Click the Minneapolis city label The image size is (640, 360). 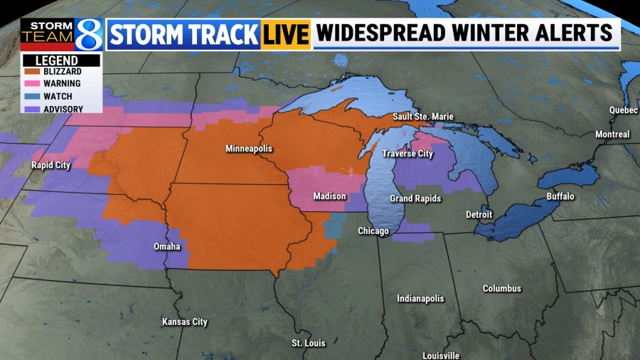pyautogui.click(x=249, y=149)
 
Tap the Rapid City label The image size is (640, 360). pyautogui.click(x=51, y=165)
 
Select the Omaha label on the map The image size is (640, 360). pyautogui.click(x=167, y=247)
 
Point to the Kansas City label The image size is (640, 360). pyautogui.click(x=185, y=322)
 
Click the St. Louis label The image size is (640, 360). pyautogui.click(x=309, y=344)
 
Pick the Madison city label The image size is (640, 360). pyautogui.click(x=330, y=196)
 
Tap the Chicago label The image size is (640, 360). pyautogui.click(x=373, y=231)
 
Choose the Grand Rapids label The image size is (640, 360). pyautogui.click(x=415, y=198)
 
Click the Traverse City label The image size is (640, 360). pyautogui.click(x=407, y=154)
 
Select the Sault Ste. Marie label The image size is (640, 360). pyautogui.click(x=423, y=117)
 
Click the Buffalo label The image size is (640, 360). pyautogui.click(x=560, y=196)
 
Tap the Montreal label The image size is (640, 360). pyautogui.click(x=612, y=134)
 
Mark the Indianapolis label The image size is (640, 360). pyautogui.click(x=420, y=299)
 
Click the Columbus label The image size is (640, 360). pyautogui.click(x=502, y=289)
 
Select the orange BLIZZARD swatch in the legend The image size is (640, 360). pyautogui.click(x=32, y=72)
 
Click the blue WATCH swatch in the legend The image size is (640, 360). pyautogui.click(x=32, y=97)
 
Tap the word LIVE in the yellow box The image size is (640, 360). pyautogui.click(x=286, y=34)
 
